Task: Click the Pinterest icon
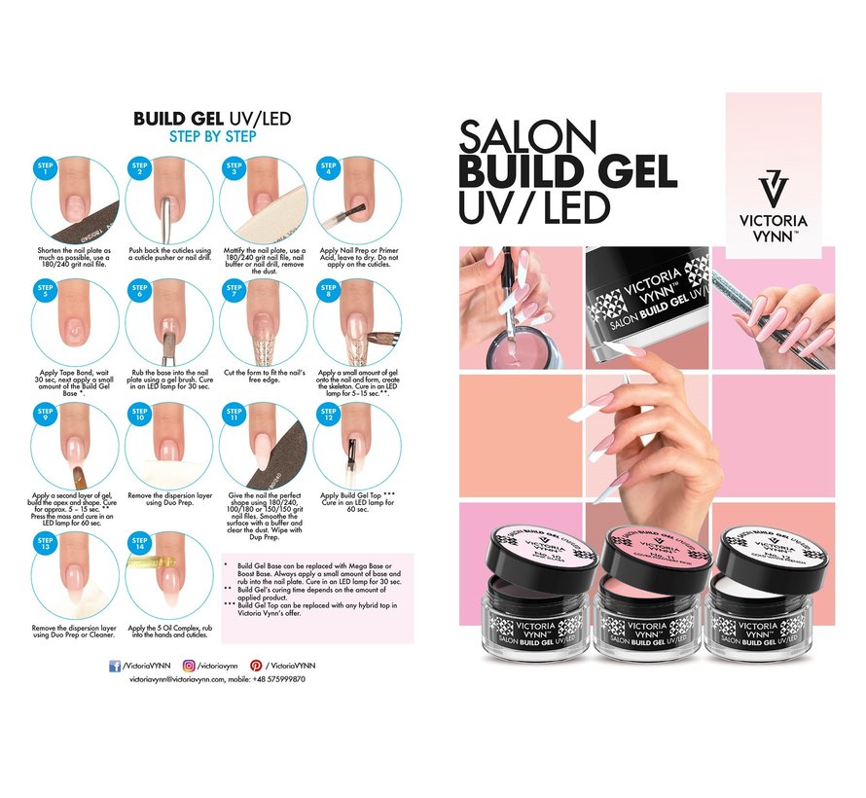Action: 255,664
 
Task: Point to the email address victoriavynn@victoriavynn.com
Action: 185,680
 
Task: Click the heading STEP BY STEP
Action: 212,136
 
